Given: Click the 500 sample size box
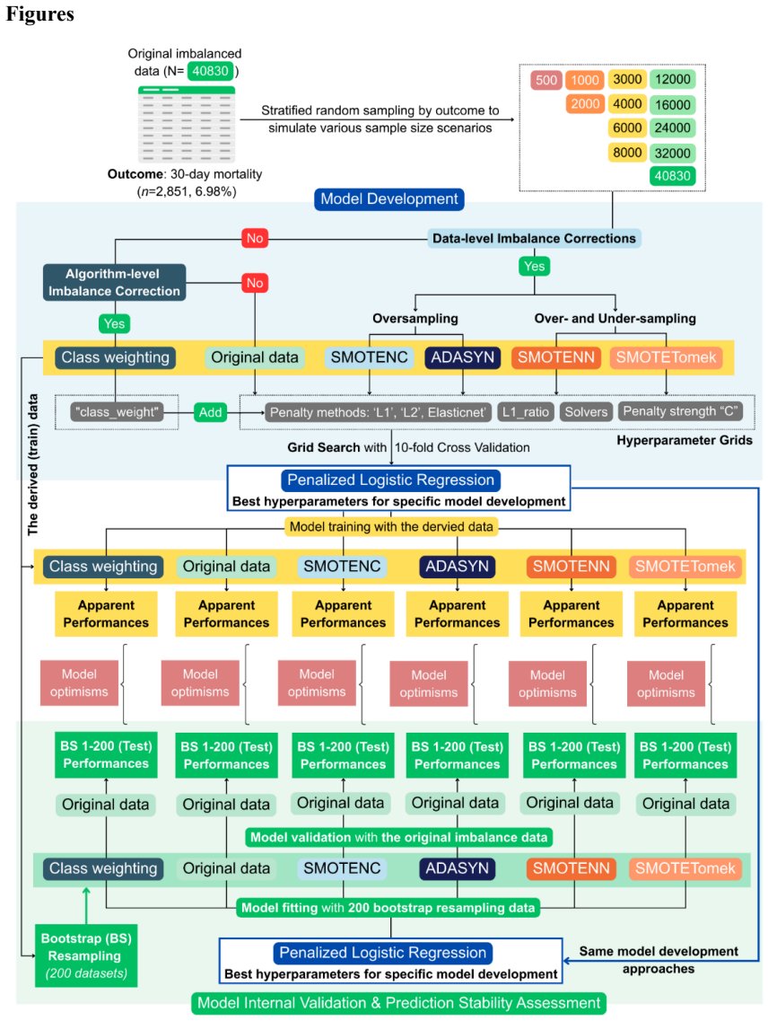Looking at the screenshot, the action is [x=545, y=80].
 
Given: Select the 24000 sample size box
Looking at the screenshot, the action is [x=672, y=128].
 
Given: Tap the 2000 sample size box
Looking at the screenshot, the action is [x=585, y=104].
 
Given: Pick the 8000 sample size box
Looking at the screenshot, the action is [x=627, y=153].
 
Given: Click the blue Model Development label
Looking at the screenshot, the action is [x=389, y=199].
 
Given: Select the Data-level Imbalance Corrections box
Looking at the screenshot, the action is [x=534, y=238].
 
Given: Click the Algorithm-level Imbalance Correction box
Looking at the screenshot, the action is [x=114, y=283].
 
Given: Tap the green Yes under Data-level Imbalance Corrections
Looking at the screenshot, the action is [x=535, y=267].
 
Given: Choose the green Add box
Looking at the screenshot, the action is [x=210, y=412].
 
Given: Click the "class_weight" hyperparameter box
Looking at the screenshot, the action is [x=117, y=412].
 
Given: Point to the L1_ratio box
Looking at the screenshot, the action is [x=526, y=411].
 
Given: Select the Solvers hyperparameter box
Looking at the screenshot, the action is [x=586, y=411].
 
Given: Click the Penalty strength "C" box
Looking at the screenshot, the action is [x=680, y=411].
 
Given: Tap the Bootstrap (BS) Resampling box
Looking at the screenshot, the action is [x=86, y=955].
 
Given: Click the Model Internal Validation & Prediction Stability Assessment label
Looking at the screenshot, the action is [x=398, y=1003].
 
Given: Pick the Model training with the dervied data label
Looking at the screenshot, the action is [x=391, y=526].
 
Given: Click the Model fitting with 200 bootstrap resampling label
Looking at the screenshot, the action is [x=388, y=908].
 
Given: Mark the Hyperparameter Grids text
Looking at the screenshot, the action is [x=684, y=440].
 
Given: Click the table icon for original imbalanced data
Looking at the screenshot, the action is [x=186, y=124].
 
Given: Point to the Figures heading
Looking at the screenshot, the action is [x=40, y=13].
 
